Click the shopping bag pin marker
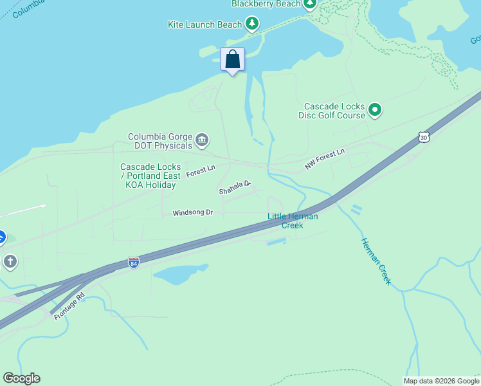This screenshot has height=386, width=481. (x=232, y=59)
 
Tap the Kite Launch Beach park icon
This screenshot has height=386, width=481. (x=252, y=24)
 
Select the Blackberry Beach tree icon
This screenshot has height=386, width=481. (x=310, y=4)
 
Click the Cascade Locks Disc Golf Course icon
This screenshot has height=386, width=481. (x=375, y=111)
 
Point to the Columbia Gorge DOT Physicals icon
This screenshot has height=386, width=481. (x=201, y=140)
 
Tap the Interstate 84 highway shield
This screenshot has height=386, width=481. (x=133, y=263)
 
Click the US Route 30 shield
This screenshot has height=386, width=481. (x=422, y=136)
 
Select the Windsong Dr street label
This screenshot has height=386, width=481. (x=192, y=213)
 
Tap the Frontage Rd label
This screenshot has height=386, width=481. (x=69, y=308)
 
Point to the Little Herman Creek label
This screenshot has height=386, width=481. (x=293, y=221)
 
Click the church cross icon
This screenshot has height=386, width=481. (x=10, y=262)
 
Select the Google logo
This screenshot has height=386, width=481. (x=21, y=378)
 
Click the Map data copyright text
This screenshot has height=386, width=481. (x=441, y=381)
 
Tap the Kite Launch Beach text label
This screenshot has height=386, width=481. (x=204, y=24)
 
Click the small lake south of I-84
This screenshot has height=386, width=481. (x=178, y=275)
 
